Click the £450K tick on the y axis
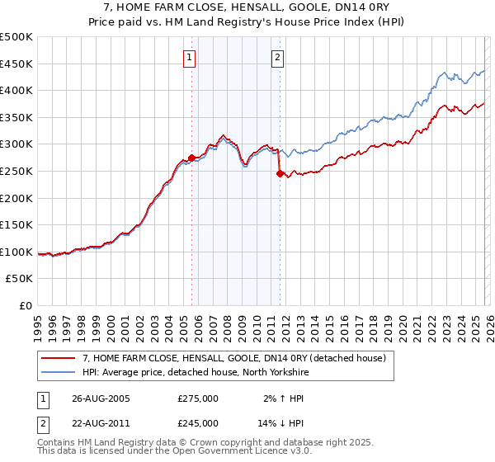(17, 64)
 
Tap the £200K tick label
(17, 198)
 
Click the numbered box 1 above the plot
(191, 58)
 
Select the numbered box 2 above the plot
(277, 58)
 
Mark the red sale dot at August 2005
(192, 157)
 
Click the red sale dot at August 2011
(280, 173)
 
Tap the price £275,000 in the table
(198, 398)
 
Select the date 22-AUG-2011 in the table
(101, 422)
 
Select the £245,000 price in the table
(198, 422)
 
